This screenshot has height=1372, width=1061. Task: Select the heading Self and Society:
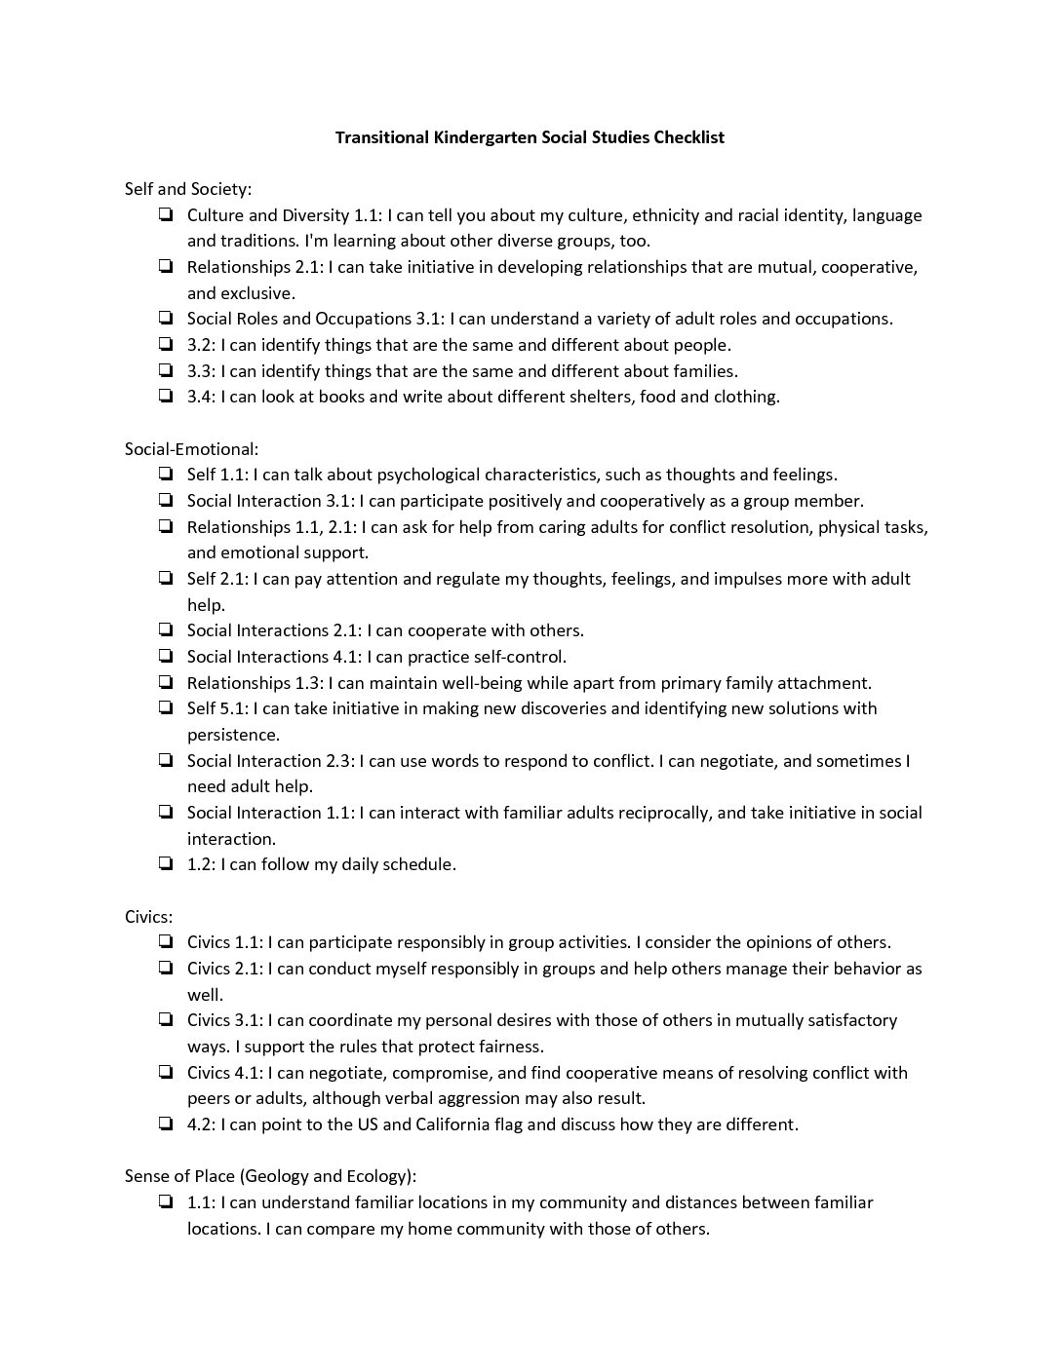tap(188, 189)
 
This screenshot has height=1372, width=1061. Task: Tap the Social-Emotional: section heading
tap(191, 449)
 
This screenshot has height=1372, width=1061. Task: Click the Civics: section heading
tap(148, 917)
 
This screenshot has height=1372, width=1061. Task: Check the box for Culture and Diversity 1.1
tap(166, 215)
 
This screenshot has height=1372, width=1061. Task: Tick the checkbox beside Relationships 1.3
tap(166, 683)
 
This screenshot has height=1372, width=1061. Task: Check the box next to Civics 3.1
tap(166, 1020)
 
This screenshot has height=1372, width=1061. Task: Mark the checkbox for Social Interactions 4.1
tap(166, 657)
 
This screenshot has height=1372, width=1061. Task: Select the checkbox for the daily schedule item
tap(166, 864)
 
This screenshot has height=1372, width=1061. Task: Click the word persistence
tap(233, 735)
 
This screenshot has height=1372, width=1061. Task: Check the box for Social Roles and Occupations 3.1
tap(166, 319)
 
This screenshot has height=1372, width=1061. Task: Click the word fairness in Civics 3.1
tap(508, 1047)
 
